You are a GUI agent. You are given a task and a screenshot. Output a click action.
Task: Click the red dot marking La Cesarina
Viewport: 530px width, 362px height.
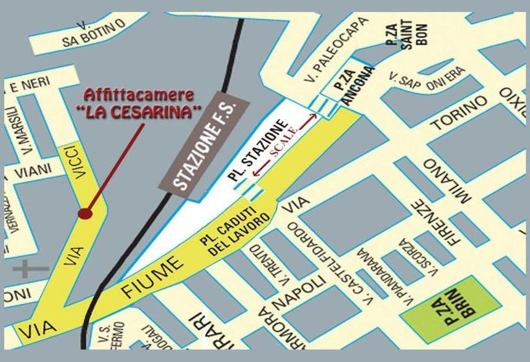[x=84, y=213]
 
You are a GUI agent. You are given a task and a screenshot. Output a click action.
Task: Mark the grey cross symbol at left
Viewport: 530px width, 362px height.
[x=30, y=268]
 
